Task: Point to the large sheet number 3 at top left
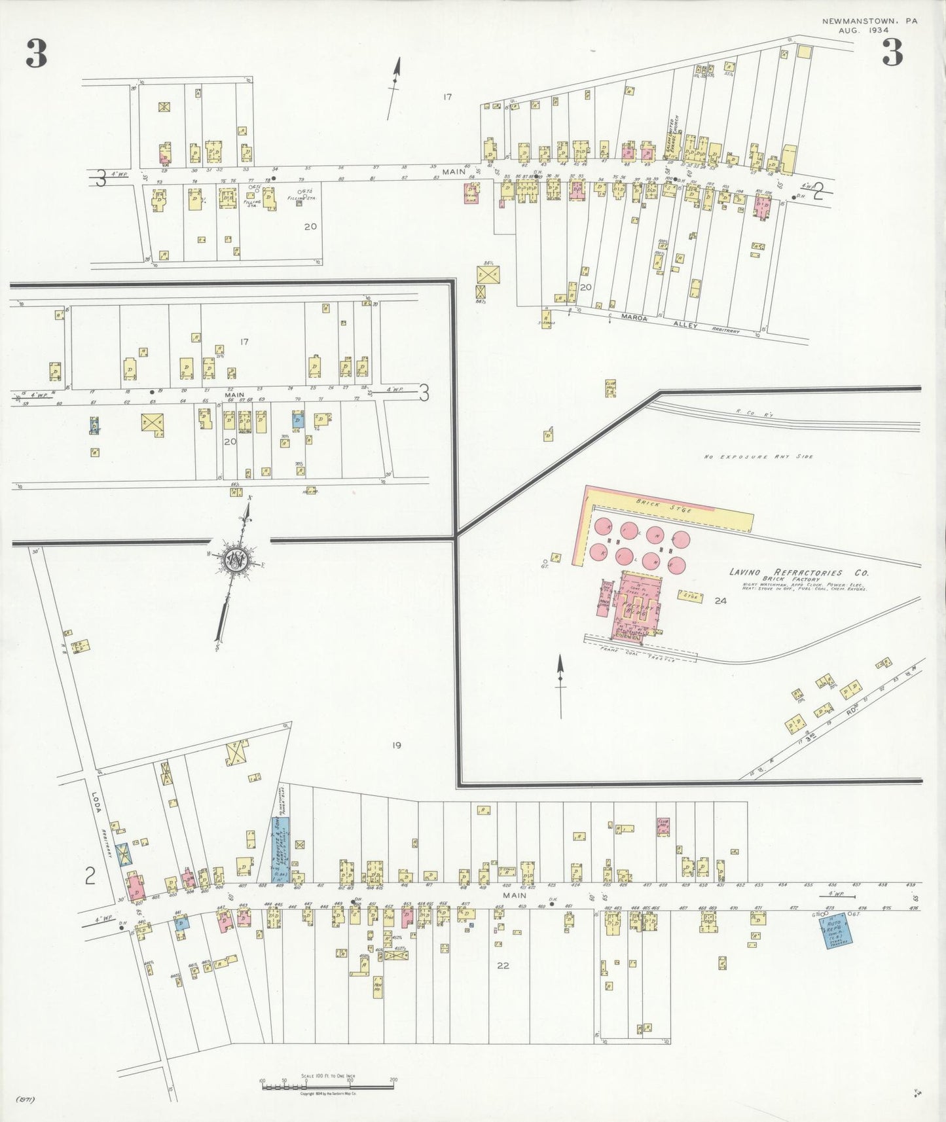click(x=37, y=54)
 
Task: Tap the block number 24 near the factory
click(x=721, y=600)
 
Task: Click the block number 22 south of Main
click(x=503, y=965)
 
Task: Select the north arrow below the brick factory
click(x=560, y=687)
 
